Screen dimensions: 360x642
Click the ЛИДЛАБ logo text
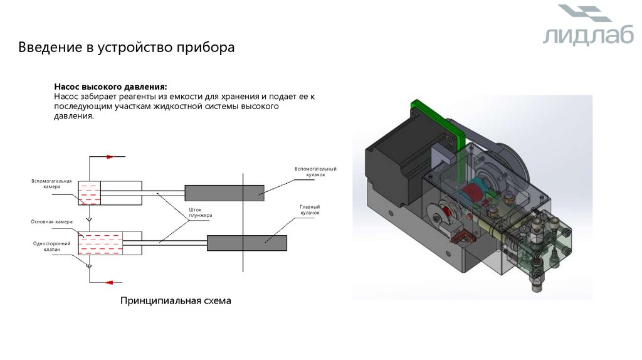pos(579,36)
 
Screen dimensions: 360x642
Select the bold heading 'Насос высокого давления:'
pos(110,86)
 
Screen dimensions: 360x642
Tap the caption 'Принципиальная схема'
pos(176,301)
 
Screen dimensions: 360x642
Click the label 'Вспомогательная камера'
pos(52,184)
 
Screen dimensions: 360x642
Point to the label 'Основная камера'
pos(52,221)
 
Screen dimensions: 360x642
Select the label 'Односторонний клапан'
pos(52,246)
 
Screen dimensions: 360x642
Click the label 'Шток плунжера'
pos(201,213)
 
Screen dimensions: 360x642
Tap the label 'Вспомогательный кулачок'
pos(316,171)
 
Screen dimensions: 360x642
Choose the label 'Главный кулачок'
pos(310,210)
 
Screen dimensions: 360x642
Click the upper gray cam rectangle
pos(224,193)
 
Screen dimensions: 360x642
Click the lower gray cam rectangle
pos(246,243)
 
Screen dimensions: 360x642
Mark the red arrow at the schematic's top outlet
pos(110,157)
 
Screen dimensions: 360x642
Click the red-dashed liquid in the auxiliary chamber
pos(89,198)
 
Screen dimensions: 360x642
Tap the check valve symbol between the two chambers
pos(89,219)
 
